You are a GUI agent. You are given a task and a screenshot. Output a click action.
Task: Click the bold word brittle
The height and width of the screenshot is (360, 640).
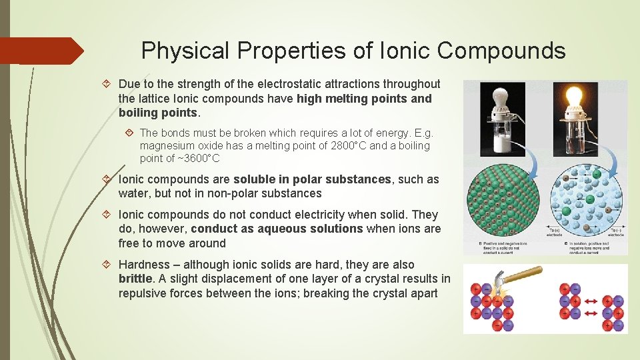(135, 279)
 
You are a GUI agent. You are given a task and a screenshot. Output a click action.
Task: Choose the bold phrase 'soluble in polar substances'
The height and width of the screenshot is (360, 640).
(312, 179)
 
